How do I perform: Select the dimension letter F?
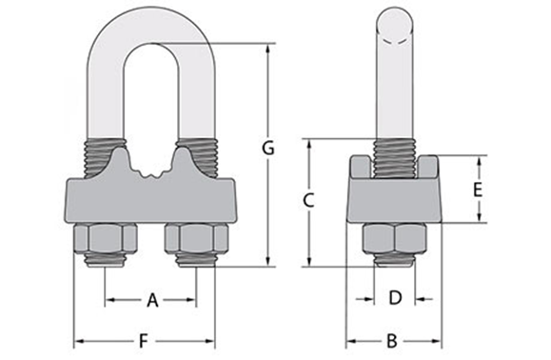click(144, 339)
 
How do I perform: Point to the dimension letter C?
click(307, 200)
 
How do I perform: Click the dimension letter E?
click(479, 189)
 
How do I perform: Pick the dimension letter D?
click(395, 298)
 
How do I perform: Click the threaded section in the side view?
click(392, 157)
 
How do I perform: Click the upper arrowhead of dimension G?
click(268, 48)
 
